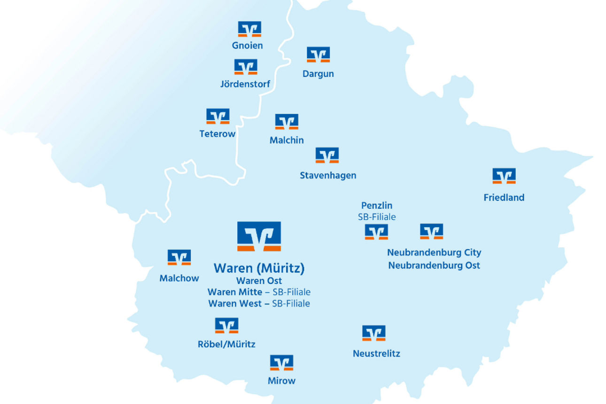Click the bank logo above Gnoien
point(249,29)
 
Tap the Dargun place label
point(318,74)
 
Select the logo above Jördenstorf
point(246,67)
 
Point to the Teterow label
point(217,134)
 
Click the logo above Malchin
point(287,122)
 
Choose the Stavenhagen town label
point(328,175)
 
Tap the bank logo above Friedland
point(504,176)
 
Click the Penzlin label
point(377,205)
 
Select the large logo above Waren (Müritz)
point(259,236)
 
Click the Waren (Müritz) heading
point(259,268)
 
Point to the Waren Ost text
point(259,281)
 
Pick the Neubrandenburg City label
point(434,252)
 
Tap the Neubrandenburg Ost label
point(434,265)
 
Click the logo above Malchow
point(179,257)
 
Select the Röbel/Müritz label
point(226,344)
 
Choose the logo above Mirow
point(281,363)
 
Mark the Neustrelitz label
point(376,353)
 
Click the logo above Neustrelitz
point(373,333)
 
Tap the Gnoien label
point(247,46)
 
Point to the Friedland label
point(504,198)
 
